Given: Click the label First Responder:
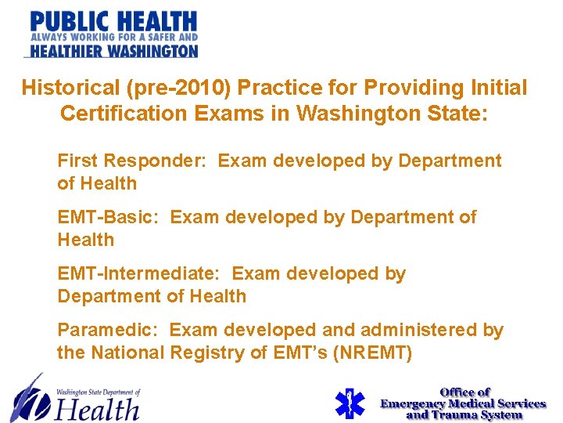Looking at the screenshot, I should (x=132, y=161).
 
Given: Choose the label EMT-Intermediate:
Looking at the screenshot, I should (x=141, y=274).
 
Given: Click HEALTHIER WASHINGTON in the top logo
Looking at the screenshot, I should (x=112, y=50).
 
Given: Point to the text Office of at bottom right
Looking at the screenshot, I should (x=464, y=392).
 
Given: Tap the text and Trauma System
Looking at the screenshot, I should (x=464, y=414).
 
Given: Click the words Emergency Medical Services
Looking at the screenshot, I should (x=463, y=403).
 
